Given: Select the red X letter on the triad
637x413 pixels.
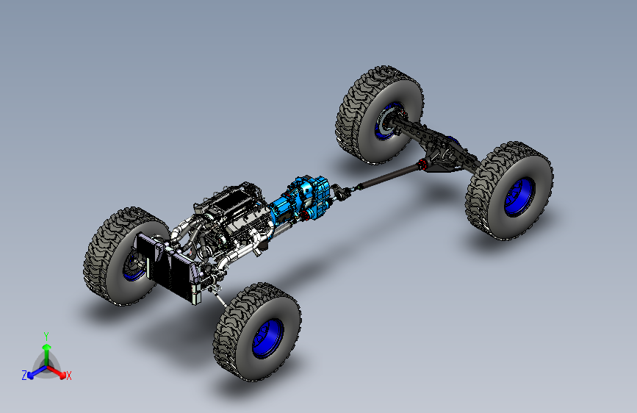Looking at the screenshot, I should tap(69, 376).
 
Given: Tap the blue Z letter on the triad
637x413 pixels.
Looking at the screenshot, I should tap(24, 376).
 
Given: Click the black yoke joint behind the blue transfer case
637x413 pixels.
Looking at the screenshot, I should tap(340, 195).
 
